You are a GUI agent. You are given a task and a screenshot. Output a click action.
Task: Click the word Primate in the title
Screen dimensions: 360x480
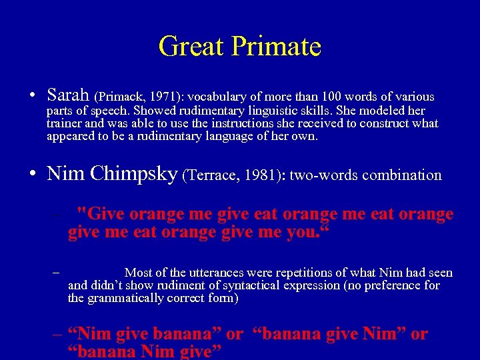click(x=277, y=47)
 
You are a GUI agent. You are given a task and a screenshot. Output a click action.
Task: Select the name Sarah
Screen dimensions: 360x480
click(x=69, y=95)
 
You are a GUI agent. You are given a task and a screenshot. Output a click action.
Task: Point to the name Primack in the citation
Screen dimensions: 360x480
click(x=120, y=97)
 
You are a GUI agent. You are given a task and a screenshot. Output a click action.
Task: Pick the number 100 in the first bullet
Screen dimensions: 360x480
click(x=333, y=97)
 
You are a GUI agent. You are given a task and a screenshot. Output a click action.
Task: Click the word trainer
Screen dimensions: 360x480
click(x=63, y=123)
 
